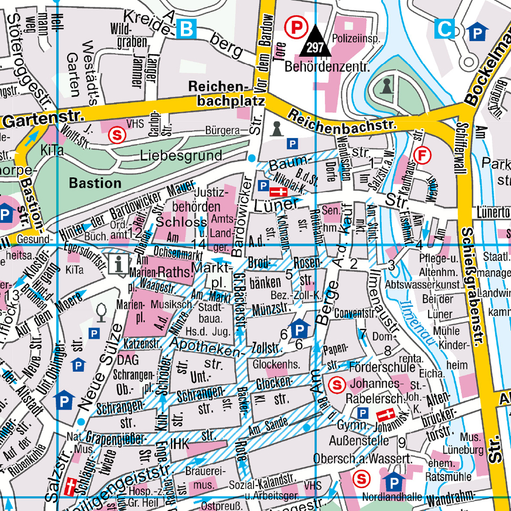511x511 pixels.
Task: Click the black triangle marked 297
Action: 315,43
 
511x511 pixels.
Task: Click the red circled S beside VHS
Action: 118,135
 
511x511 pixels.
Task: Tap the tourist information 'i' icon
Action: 120,264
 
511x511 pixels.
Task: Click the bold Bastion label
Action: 96,182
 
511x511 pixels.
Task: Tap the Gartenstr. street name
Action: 43,120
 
